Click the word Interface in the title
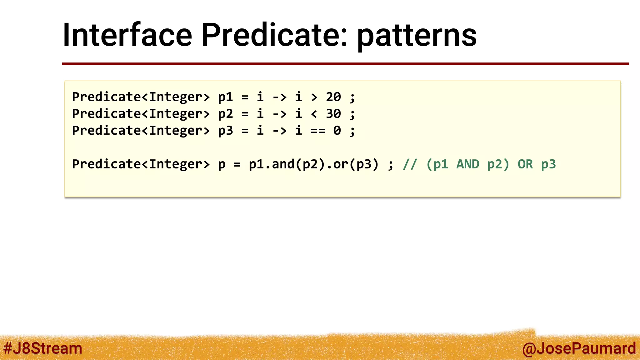click(x=127, y=35)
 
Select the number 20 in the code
click(x=333, y=97)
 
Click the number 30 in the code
click(x=333, y=114)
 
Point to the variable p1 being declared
click(x=225, y=97)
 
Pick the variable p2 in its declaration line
click(x=225, y=114)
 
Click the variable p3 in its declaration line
click(x=225, y=131)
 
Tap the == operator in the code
click(x=318, y=131)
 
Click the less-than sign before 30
click(x=314, y=114)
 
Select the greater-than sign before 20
click(x=314, y=97)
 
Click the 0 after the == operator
click(x=337, y=131)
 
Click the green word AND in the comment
click(x=467, y=164)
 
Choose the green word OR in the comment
click(x=525, y=164)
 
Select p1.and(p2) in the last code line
click(x=287, y=164)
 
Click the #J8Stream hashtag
click(x=42, y=348)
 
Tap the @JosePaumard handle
click(x=579, y=348)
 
